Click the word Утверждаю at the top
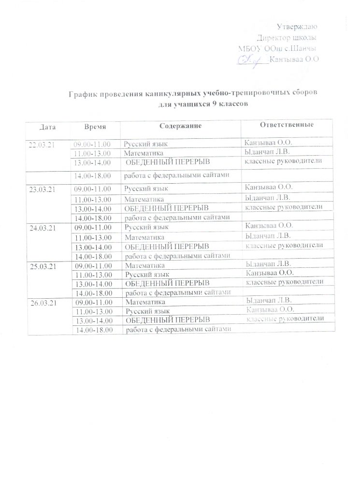[299, 26]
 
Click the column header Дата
[48, 127]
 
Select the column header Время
[95, 126]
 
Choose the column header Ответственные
[287, 125]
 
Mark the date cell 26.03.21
[45, 304]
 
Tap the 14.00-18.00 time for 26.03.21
[94, 330]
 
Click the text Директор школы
[287, 38]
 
